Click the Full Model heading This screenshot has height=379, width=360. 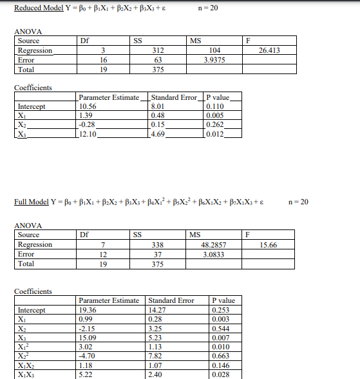tap(32, 202)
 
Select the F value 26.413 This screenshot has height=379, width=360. tap(269, 50)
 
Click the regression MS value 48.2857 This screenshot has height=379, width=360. tap(211, 245)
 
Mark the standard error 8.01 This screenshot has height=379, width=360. tap(158, 107)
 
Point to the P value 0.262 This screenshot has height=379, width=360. tap(214, 125)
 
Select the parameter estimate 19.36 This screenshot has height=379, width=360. tap(87, 310)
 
